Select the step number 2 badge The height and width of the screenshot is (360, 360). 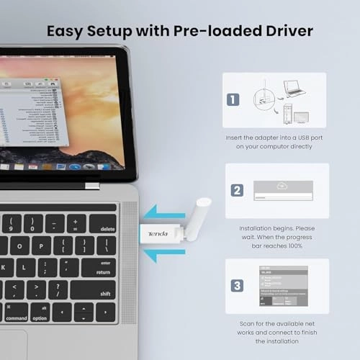[x=237, y=192]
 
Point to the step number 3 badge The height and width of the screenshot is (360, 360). [x=236, y=285]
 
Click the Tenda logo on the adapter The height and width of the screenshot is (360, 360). [x=158, y=235]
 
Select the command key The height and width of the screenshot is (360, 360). [x=16, y=313]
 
